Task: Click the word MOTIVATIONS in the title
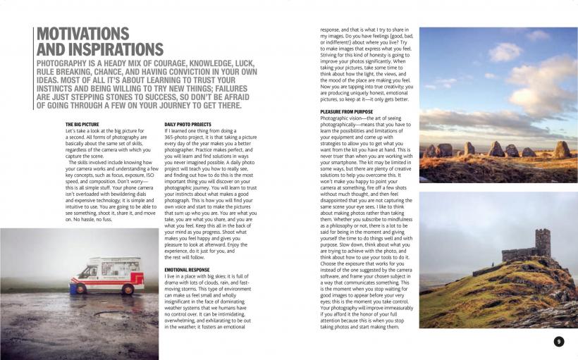click(82, 34)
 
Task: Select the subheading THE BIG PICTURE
click(83, 125)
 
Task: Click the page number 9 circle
click(558, 342)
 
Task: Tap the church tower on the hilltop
click(541, 243)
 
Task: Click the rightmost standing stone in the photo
click(561, 149)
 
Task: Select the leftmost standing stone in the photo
click(430, 151)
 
